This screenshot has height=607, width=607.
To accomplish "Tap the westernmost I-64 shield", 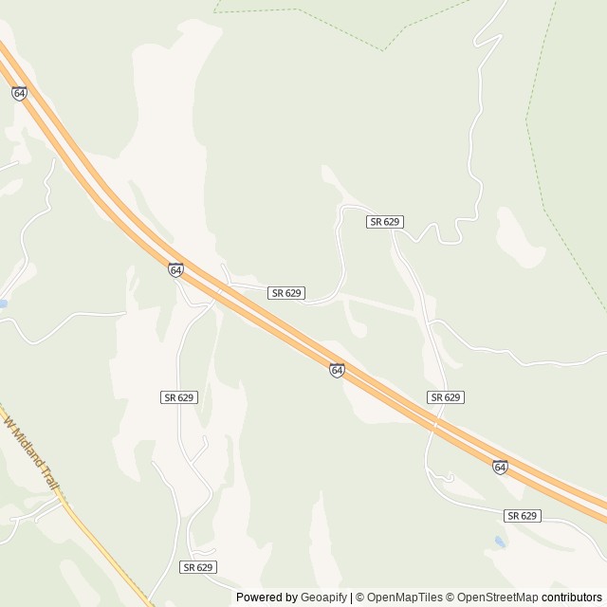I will (x=20, y=94).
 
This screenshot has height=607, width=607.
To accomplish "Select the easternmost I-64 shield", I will (x=500, y=467).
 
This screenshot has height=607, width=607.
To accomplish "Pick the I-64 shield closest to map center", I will (x=337, y=369).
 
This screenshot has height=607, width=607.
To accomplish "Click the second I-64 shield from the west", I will (x=175, y=270).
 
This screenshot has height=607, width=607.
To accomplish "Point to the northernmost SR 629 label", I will (x=386, y=221).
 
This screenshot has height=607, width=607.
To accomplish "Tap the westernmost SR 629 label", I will (x=178, y=396).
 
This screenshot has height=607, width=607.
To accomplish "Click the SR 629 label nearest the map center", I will (x=286, y=293).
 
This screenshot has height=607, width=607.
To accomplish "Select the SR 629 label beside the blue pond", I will (x=522, y=515).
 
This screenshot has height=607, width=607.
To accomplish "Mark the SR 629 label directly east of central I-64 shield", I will (x=445, y=396).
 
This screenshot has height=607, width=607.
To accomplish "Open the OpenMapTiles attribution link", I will (x=405, y=598).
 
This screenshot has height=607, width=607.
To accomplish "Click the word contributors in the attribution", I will (x=572, y=598).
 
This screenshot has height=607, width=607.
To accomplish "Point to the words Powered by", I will (x=265, y=598).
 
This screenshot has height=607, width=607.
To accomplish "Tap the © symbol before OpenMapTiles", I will (x=360, y=598).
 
